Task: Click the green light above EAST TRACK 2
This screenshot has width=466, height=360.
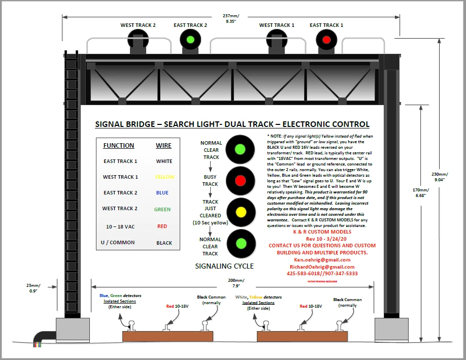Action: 190,39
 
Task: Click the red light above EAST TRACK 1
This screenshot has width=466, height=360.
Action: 326,39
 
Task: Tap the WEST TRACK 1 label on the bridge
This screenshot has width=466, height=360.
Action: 277,25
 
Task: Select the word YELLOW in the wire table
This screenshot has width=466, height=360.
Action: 164,177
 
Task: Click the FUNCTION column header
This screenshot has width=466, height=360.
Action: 119,146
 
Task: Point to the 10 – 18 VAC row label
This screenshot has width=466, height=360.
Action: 119,226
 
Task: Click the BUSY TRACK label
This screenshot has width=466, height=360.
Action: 210,180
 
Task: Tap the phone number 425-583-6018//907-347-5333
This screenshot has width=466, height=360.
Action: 322,274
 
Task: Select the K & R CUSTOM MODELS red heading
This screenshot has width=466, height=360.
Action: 322,232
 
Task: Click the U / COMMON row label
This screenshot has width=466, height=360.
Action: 118,243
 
